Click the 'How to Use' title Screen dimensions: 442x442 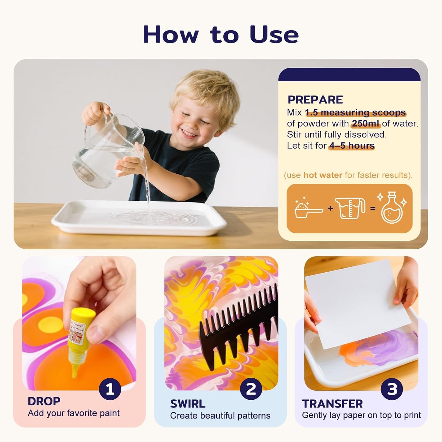pyautogui.click(x=221, y=34)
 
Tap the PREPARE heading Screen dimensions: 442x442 pyautogui.click(x=315, y=100)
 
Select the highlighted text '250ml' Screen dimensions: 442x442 pyautogui.click(x=366, y=124)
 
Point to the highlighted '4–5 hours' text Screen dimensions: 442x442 pyautogui.click(x=352, y=146)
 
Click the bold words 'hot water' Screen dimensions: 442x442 pyautogui.click(x=322, y=175)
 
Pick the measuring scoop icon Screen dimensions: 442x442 pyautogui.click(x=308, y=209)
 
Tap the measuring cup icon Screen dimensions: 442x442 pyautogui.click(x=350, y=208)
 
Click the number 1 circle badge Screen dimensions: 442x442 pyautogui.click(x=110, y=389)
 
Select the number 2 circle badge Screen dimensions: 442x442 pyautogui.click(x=251, y=389)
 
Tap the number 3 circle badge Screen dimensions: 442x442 pyautogui.click(x=392, y=389)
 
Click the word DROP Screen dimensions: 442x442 pyautogui.click(x=44, y=401)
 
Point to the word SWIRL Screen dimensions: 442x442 pyautogui.click(x=188, y=404)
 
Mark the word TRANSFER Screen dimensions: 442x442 pyautogui.click(x=332, y=404)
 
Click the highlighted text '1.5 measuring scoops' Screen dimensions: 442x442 pyautogui.click(x=355, y=113)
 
